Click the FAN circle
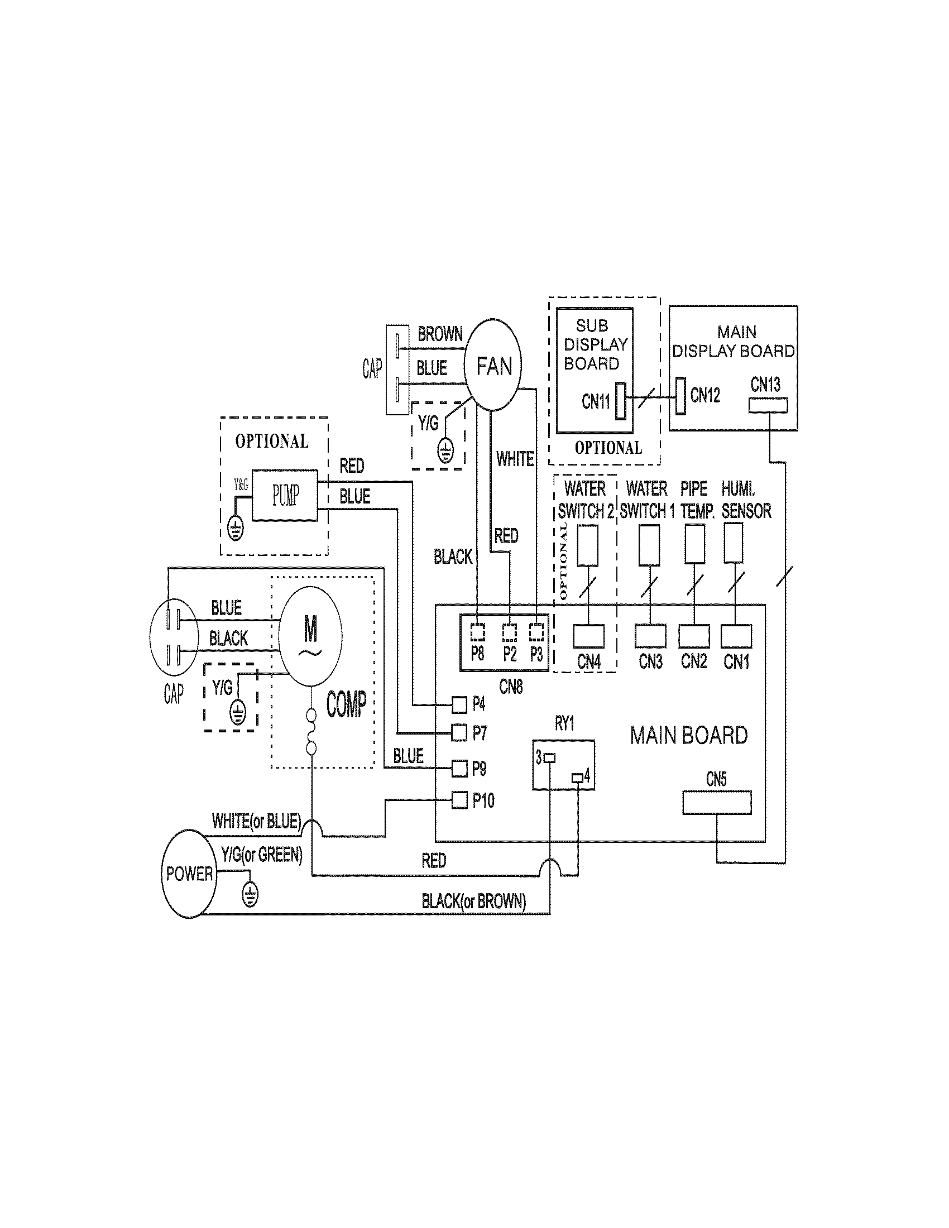[x=493, y=364]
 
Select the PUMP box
[x=285, y=495]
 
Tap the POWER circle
[x=189, y=874]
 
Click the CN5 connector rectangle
[x=717, y=802]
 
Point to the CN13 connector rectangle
[x=768, y=405]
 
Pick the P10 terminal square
[x=460, y=799]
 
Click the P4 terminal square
[x=460, y=703]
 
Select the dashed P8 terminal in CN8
[x=477, y=632]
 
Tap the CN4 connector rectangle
[x=588, y=636]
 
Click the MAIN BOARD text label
[x=689, y=736]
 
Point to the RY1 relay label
[x=564, y=723]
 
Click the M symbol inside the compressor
[x=310, y=629]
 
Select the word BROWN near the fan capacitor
[x=440, y=334]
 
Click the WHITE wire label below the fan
[x=515, y=459]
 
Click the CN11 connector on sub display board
[x=621, y=401]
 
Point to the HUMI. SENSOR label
[x=746, y=500]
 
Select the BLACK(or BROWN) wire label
[x=474, y=901]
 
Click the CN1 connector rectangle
[x=736, y=636]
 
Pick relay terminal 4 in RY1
[x=577, y=778]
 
